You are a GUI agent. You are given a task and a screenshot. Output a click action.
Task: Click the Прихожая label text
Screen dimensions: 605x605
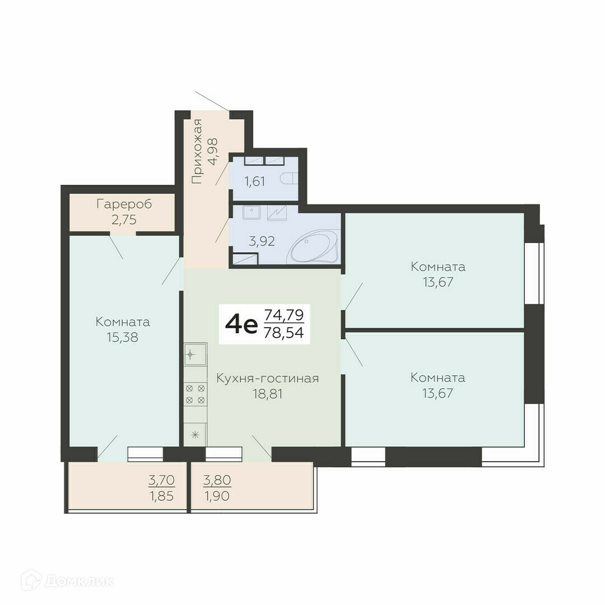pyautogui.click(x=197, y=151)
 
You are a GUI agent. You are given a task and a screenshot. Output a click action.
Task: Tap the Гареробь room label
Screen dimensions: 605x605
pyautogui.click(x=124, y=204)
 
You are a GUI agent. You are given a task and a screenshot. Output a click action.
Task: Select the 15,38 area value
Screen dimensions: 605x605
pyautogui.click(x=122, y=337)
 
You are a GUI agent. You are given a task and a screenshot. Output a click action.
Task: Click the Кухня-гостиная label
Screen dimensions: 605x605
pyautogui.click(x=267, y=378)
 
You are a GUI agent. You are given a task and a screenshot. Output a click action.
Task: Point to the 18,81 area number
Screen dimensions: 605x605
pyautogui.click(x=267, y=394)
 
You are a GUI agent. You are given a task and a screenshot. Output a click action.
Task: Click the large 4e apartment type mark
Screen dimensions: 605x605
pyautogui.click(x=241, y=325)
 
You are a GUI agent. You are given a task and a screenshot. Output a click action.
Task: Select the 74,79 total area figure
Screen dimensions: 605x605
pyautogui.click(x=284, y=315)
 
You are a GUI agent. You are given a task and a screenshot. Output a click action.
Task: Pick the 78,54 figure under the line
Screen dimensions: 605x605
pyautogui.click(x=284, y=333)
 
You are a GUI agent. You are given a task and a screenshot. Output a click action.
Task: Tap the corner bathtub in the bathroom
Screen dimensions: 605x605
pyautogui.click(x=314, y=247)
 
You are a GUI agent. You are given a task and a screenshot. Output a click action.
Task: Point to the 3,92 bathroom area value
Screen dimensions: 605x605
pyautogui.click(x=262, y=241)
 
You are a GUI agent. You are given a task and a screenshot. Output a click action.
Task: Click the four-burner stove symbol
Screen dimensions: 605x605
pyautogui.click(x=196, y=394)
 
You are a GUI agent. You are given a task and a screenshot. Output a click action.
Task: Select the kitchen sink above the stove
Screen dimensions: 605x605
pyautogui.click(x=196, y=354)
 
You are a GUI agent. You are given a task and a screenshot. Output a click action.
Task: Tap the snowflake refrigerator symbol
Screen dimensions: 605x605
pyautogui.click(x=196, y=435)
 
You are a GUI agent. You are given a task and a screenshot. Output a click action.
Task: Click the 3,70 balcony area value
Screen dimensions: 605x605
pyautogui.click(x=162, y=481)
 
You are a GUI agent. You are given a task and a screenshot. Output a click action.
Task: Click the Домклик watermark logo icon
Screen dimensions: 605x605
pyautogui.click(x=31, y=580)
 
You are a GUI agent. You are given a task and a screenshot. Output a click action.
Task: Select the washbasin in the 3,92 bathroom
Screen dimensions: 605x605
pyautogui.click(x=252, y=212)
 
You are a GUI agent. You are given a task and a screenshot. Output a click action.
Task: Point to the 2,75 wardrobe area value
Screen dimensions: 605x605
pyautogui.click(x=124, y=220)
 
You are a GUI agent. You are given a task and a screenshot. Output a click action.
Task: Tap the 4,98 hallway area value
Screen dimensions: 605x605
pyautogui.click(x=213, y=151)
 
